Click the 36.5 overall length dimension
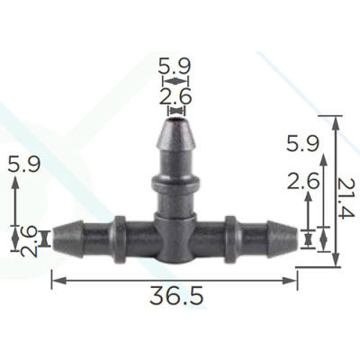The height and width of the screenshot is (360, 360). pos(176,295)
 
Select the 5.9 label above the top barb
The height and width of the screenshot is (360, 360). pos(175,67)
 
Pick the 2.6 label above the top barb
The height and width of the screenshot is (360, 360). pos(175,96)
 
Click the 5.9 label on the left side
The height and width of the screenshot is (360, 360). pos(24,164)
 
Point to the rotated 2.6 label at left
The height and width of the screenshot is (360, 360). pos(29,242)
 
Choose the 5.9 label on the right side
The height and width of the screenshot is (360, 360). pos(302,143)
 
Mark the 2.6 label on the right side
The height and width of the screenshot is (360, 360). pos(303,181)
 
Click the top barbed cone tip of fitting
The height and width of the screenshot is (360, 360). pos(176,133)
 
